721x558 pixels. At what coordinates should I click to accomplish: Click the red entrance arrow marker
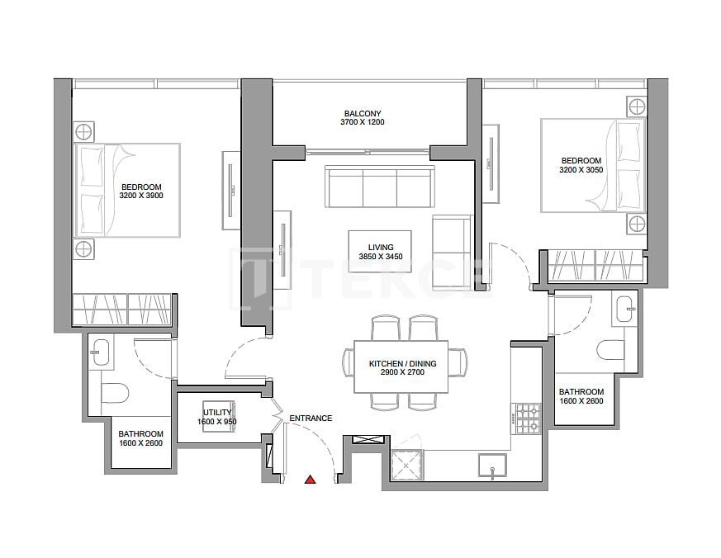(x=310, y=480)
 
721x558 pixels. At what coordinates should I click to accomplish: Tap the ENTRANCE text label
(x=311, y=418)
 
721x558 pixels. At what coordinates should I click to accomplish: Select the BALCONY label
(x=363, y=113)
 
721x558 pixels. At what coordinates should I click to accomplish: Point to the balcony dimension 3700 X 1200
(x=363, y=122)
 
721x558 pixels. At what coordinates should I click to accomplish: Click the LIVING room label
(x=381, y=247)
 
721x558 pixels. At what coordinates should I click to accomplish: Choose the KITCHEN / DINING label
(x=402, y=363)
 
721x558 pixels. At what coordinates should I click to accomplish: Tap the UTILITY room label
(x=217, y=413)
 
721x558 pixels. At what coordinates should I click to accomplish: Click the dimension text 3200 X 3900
(x=140, y=196)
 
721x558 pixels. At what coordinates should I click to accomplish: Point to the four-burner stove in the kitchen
(x=526, y=418)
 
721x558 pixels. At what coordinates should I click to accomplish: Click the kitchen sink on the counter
(x=492, y=466)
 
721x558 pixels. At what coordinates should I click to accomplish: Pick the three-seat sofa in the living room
(x=379, y=187)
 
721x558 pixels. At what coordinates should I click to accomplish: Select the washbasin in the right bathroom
(x=625, y=310)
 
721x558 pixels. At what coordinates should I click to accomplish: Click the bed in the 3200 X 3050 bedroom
(x=591, y=165)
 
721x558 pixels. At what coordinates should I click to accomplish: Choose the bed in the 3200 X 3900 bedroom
(x=128, y=191)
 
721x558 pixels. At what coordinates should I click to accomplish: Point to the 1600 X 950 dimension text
(x=217, y=422)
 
